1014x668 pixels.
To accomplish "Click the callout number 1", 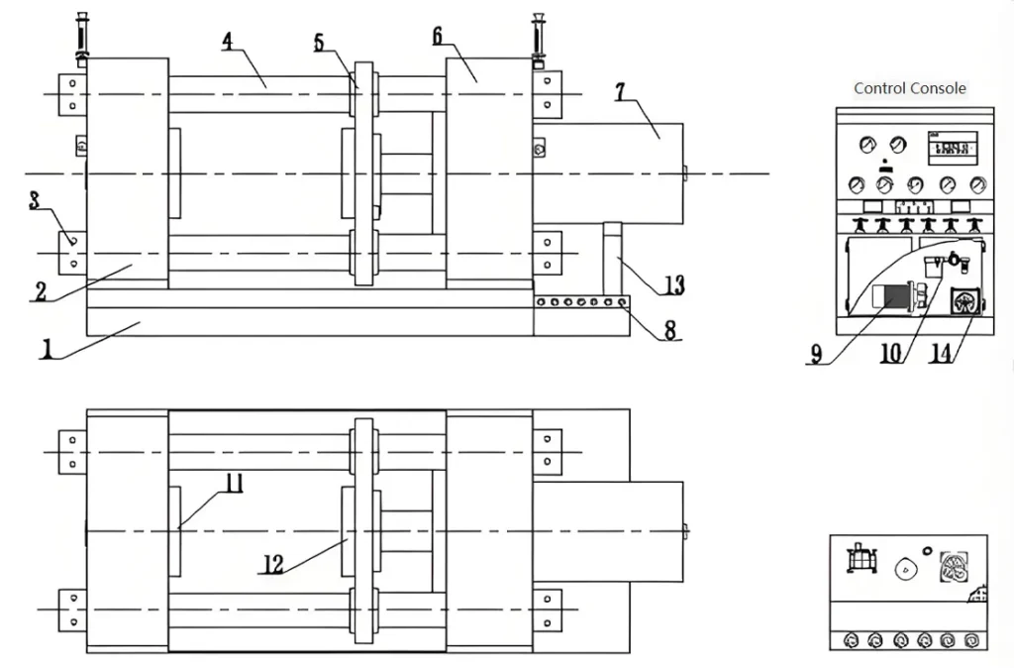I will (46, 351).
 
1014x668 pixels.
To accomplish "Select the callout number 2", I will (41, 292).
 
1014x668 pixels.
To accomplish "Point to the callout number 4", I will (228, 42).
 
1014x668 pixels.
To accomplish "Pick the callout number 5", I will (319, 42).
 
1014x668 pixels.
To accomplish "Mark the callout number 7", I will (620, 92).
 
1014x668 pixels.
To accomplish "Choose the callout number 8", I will (670, 331).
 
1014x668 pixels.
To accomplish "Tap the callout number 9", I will (816, 354).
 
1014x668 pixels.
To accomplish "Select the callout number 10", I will (890, 353).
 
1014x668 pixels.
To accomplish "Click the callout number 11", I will (234, 483).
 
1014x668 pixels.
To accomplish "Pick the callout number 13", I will (673, 285).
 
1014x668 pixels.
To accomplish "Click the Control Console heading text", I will (909, 88).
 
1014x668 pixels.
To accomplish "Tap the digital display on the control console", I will (952, 149).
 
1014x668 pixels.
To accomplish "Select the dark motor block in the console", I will (892, 298).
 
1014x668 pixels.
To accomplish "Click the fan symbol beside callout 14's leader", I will (963, 301).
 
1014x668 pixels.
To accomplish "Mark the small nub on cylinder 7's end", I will (686, 173).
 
